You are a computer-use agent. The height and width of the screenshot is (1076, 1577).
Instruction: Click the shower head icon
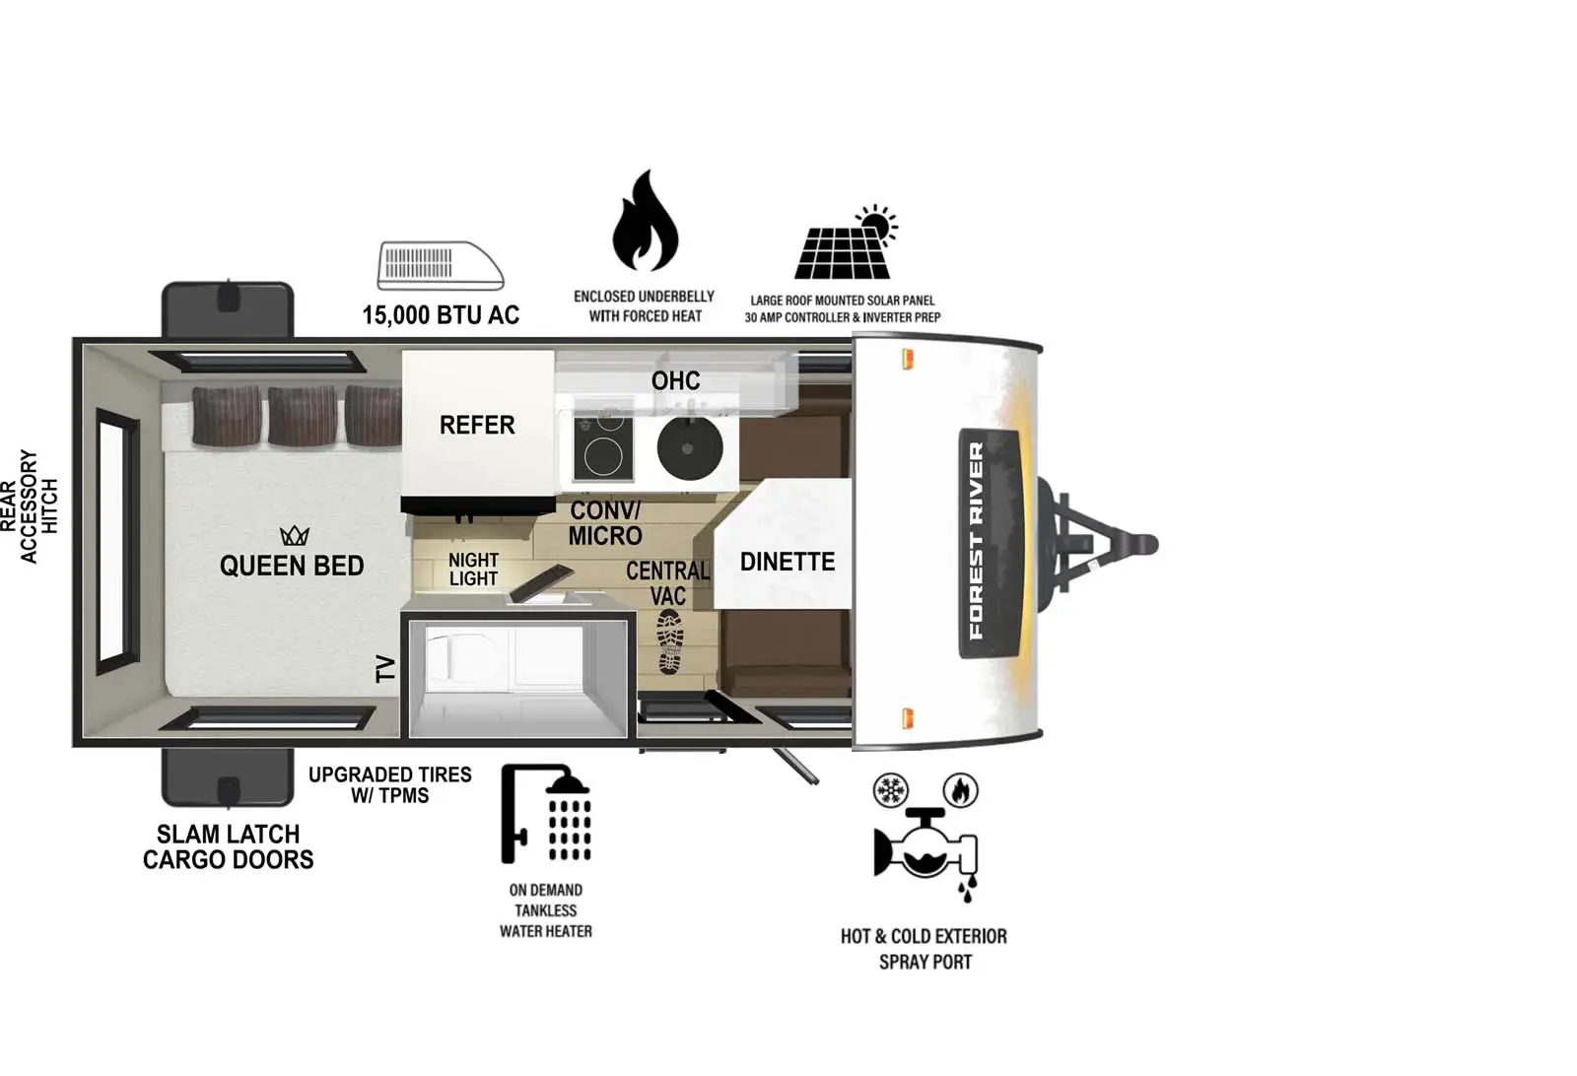[x=548, y=814]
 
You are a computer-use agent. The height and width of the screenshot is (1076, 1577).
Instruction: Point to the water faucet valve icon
[x=925, y=850]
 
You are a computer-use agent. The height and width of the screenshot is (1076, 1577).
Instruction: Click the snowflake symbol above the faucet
[x=891, y=790]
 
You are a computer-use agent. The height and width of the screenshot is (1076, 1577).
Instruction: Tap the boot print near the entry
[x=670, y=640]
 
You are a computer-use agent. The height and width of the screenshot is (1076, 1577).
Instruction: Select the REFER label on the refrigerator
[x=477, y=425]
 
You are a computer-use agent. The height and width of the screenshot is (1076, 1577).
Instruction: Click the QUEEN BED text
[x=292, y=566]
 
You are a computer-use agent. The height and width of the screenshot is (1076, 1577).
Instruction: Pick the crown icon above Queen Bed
[x=295, y=536]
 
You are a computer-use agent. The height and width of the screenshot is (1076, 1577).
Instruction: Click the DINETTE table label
[x=787, y=562]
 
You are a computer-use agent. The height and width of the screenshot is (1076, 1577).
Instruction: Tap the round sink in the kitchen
[x=690, y=448]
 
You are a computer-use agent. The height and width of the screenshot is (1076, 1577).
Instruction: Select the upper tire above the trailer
[x=228, y=309]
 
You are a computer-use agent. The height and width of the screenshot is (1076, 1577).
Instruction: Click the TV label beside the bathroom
[x=385, y=669]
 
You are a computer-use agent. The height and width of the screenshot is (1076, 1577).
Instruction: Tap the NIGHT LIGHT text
[x=473, y=570]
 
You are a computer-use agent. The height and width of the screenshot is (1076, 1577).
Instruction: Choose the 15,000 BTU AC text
[x=440, y=315]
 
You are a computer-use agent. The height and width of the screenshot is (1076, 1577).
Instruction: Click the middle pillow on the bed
[x=302, y=415]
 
